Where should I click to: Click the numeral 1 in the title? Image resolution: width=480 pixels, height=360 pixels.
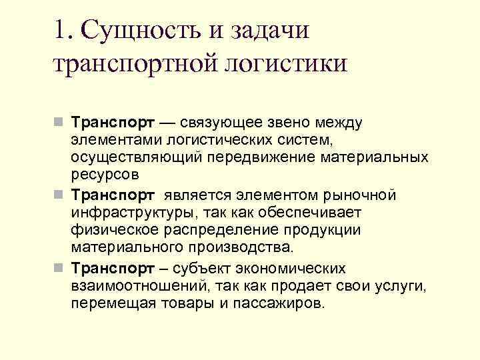(x=61, y=30)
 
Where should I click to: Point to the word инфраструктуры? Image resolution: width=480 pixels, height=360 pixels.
(x=137, y=213)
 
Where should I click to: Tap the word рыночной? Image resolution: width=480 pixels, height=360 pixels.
(x=360, y=195)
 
